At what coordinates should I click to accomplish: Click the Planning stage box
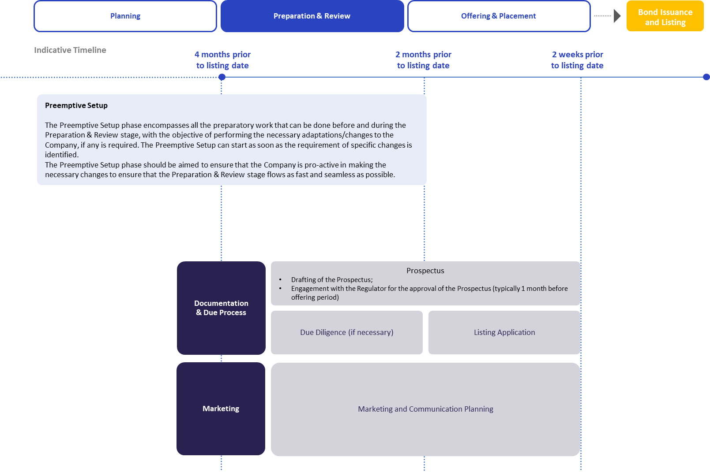coord(125,16)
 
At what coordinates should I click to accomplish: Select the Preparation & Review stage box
coord(312,16)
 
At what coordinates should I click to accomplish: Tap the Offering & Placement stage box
coord(499,16)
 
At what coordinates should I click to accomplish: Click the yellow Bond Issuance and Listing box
coord(665,17)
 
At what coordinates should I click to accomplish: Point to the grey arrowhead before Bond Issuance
coord(617,16)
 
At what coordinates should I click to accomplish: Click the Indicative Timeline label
coord(70,50)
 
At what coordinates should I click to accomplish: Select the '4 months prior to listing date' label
coord(222,60)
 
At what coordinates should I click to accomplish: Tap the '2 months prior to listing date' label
coord(423,60)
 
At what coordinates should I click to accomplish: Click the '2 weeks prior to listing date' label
coord(577,60)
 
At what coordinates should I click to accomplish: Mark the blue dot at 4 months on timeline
coord(222,77)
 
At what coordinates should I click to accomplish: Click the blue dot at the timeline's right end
coord(706,77)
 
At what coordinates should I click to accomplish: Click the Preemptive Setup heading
coord(76,105)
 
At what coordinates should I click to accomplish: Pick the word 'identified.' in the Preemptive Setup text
coord(62,155)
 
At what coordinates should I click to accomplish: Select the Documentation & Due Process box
coord(221,308)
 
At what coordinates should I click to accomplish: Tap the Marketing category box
coord(221,409)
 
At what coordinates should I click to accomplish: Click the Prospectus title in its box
coord(425,271)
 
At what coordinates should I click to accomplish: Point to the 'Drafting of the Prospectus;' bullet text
coord(332,279)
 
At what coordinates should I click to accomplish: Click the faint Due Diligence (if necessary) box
coord(347,332)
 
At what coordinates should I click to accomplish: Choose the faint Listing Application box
coord(504,332)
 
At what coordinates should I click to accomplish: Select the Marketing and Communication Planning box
coord(425,409)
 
